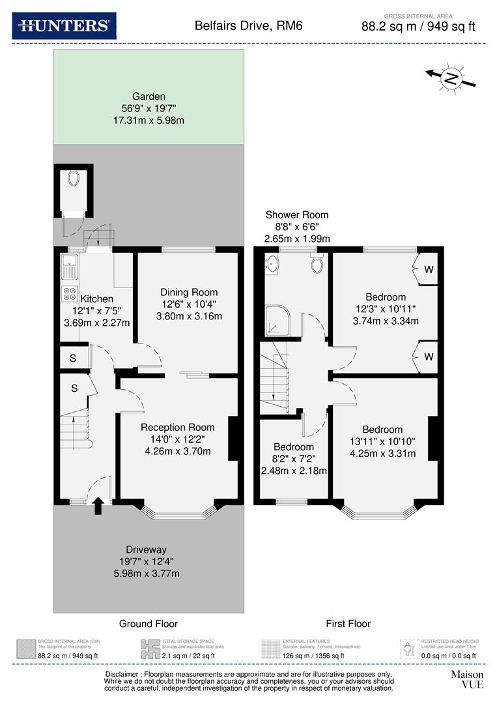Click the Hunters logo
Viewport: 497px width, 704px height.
64,25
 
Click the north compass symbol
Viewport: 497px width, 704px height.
451,78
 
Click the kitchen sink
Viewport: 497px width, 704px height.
69,266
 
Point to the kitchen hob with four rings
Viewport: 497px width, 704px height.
69,293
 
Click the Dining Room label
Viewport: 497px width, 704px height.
189,292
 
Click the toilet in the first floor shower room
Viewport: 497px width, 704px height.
317,263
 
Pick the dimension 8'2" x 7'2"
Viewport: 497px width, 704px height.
293,459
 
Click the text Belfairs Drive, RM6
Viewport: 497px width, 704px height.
248,26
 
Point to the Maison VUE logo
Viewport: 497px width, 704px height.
468,679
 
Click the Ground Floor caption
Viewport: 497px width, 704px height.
148,624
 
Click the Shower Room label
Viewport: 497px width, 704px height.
296,214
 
